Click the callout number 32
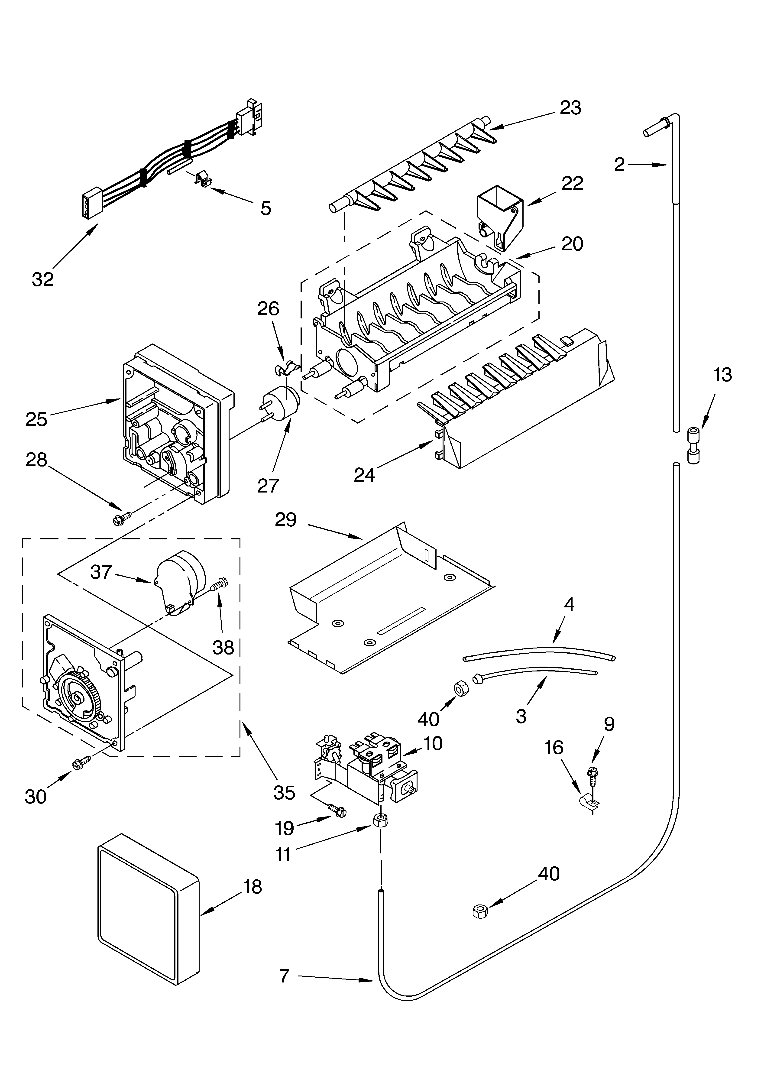point(43,279)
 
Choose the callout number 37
point(101,572)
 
